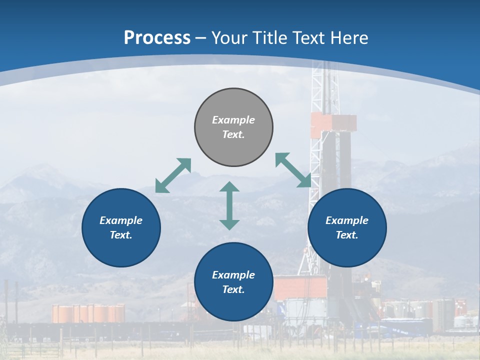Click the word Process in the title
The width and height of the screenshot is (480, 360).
pos(157,38)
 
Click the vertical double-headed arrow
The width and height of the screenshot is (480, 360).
pos(229,205)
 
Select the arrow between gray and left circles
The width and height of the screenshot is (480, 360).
pos(173,175)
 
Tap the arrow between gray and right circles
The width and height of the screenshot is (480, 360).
pos(293,170)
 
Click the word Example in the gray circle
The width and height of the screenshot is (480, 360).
pos(233,120)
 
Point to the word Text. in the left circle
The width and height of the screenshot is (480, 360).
pos(121,235)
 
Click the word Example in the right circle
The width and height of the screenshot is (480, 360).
pos(347,220)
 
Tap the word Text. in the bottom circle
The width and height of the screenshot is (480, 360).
pos(233,289)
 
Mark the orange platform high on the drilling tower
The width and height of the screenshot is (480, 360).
pos(333,122)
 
